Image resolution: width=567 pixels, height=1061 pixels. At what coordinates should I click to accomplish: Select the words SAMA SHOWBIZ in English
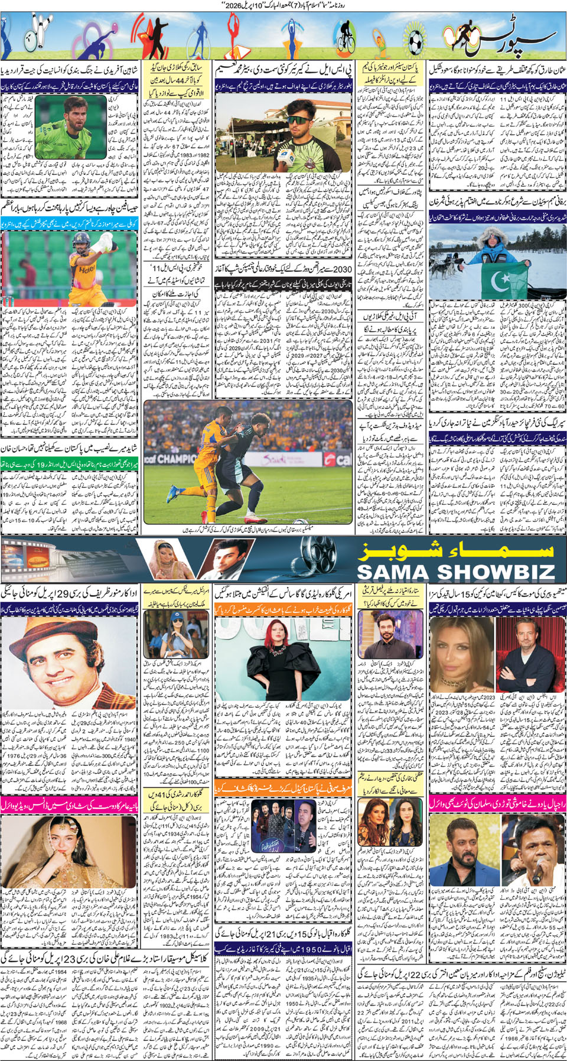(x=456, y=572)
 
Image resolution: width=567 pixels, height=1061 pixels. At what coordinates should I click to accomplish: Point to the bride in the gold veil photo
(x=53, y=851)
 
